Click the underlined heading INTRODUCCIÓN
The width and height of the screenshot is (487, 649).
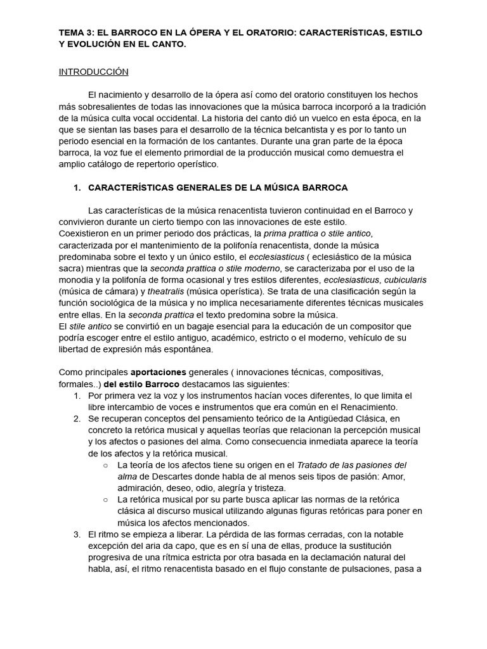[93, 72]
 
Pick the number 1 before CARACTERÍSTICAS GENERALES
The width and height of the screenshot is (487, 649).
[77, 188]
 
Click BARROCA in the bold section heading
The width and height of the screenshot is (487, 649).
[325, 188]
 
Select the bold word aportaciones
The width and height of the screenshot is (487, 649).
[158, 372]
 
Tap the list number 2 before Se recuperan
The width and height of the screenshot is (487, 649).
[77, 418]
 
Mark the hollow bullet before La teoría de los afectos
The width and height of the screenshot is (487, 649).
[105, 465]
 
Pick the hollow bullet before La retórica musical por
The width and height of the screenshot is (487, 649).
[105, 500]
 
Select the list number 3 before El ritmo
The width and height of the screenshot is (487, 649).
[77, 534]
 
